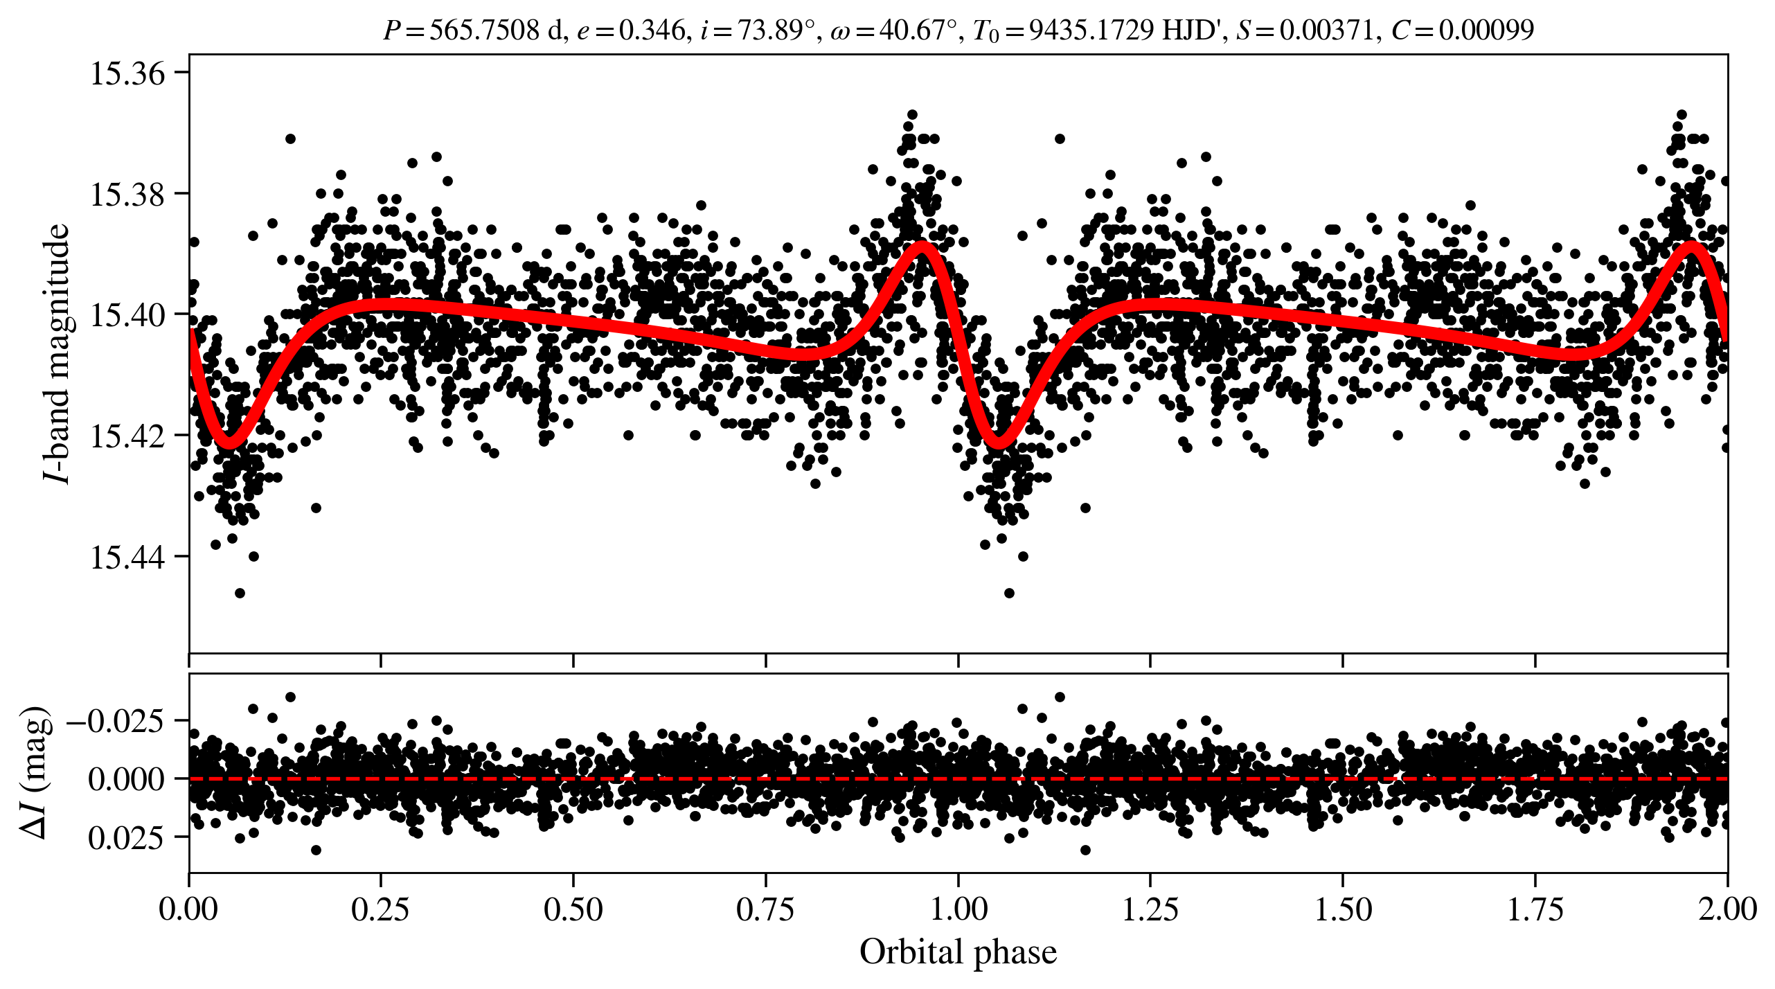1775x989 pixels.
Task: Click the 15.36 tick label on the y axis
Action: tap(128, 73)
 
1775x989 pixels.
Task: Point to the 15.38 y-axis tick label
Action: tap(128, 195)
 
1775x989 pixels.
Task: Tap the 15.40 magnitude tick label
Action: tap(128, 315)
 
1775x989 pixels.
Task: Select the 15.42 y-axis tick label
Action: tap(128, 436)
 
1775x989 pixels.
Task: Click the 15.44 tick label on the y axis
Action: tap(128, 558)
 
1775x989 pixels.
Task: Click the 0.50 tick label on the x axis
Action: tap(573, 909)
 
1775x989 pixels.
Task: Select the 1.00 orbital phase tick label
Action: tap(958, 909)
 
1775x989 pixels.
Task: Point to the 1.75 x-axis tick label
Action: tap(1535, 909)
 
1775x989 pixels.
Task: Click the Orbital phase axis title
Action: tap(958, 952)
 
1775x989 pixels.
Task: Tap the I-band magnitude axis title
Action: tap(57, 353)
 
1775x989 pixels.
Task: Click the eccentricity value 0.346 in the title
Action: tap(652, 30)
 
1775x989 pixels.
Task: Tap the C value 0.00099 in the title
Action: tap(1486, 30)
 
